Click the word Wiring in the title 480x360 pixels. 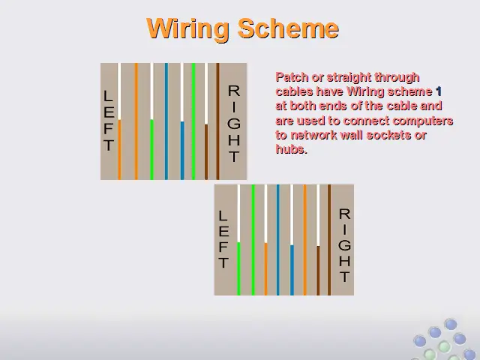188,29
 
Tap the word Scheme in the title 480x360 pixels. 288,28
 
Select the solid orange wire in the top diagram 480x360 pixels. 136,121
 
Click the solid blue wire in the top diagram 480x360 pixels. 166,121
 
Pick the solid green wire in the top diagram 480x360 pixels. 193,121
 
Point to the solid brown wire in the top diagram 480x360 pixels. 217,121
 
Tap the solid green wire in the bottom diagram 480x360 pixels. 253,240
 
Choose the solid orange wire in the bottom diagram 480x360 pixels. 305,240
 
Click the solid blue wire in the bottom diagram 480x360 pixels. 278,240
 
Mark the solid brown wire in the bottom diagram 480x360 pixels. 329,240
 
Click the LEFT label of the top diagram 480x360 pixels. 109,121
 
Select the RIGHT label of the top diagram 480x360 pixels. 234,124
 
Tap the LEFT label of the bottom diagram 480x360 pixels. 223,239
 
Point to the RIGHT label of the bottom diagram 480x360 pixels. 345,245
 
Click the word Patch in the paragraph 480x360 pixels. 292,77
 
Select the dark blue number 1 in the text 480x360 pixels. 438,91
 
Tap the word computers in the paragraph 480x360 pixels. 423,121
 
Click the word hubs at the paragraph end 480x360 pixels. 291,149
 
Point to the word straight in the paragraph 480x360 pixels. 349,78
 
